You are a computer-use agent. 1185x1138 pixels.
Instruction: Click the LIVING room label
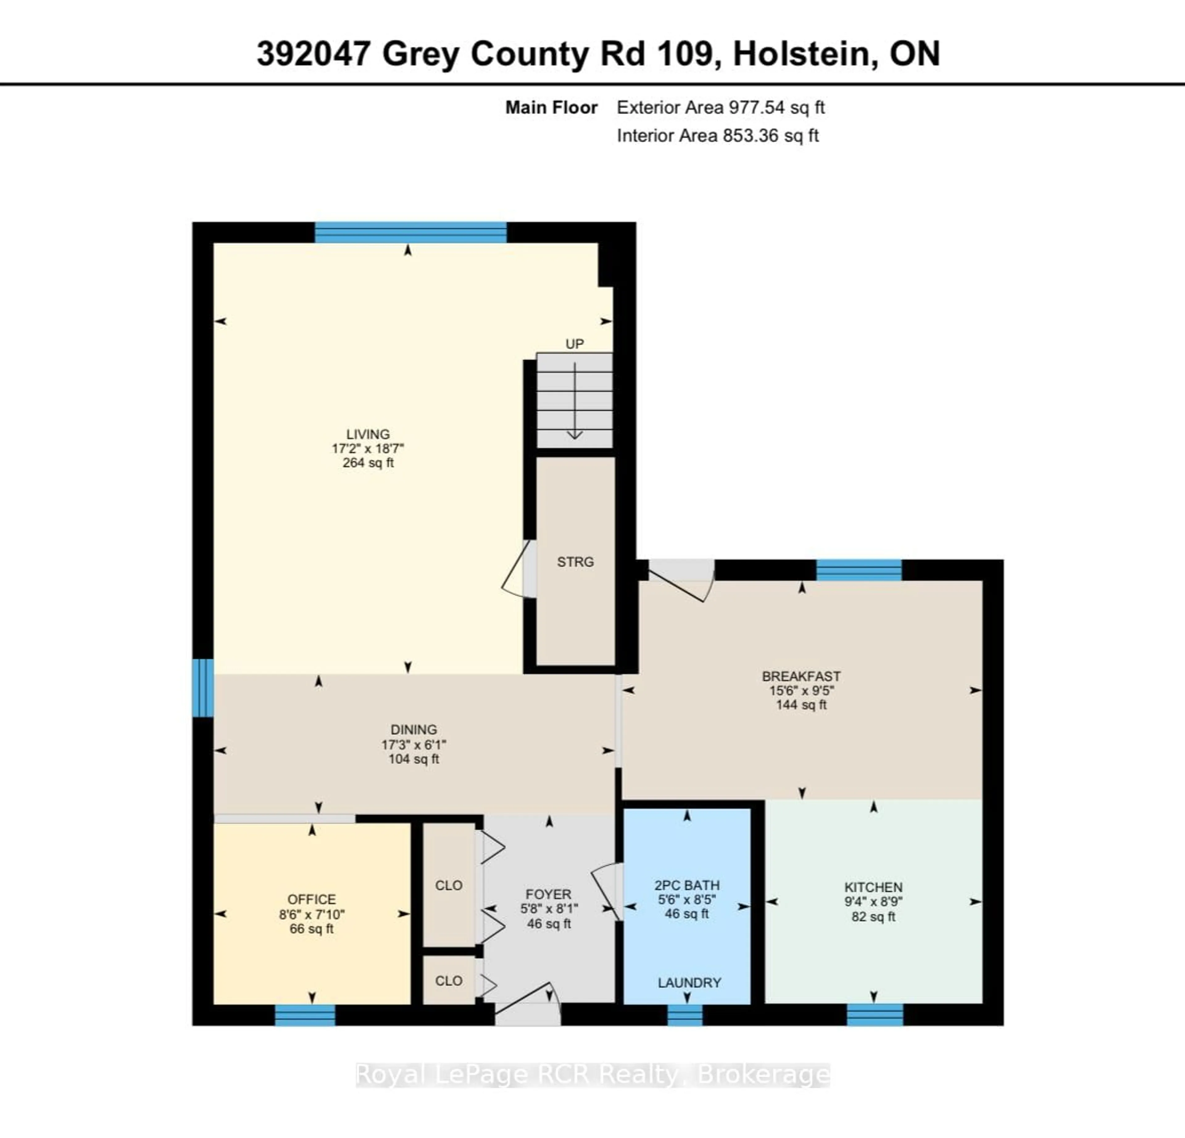click(x=368, y=434)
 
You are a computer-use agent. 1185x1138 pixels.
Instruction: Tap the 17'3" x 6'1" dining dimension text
click(x=414, y=744)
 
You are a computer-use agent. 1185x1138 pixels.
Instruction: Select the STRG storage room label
click(x=575, y=562)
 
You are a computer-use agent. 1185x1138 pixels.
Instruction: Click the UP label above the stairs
click(x=574, y=344)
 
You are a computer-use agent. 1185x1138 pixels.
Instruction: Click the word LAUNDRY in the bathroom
click(x=689, y=983)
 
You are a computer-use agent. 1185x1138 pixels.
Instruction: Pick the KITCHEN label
click(x=873, y=887)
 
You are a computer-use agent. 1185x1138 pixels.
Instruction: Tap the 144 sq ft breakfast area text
click(x=801, y=705)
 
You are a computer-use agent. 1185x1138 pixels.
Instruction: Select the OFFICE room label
click(x=311, y=899)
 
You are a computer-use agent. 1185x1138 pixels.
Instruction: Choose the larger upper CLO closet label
click(x=449, y=885)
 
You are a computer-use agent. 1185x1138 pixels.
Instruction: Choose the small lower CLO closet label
click(x=449, y=981)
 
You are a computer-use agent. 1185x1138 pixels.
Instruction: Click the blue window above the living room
click(x=410, y=232)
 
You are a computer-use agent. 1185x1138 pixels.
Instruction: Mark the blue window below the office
click(x=305, y=1015)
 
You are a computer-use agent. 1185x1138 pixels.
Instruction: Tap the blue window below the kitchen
click(x=875, y=1015)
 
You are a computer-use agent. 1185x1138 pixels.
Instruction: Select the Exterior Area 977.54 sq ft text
click(x=721, y=108)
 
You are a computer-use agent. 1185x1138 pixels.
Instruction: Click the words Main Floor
click(x=551, y=108)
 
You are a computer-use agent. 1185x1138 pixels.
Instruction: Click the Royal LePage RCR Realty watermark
click(x=592, y=1074)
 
